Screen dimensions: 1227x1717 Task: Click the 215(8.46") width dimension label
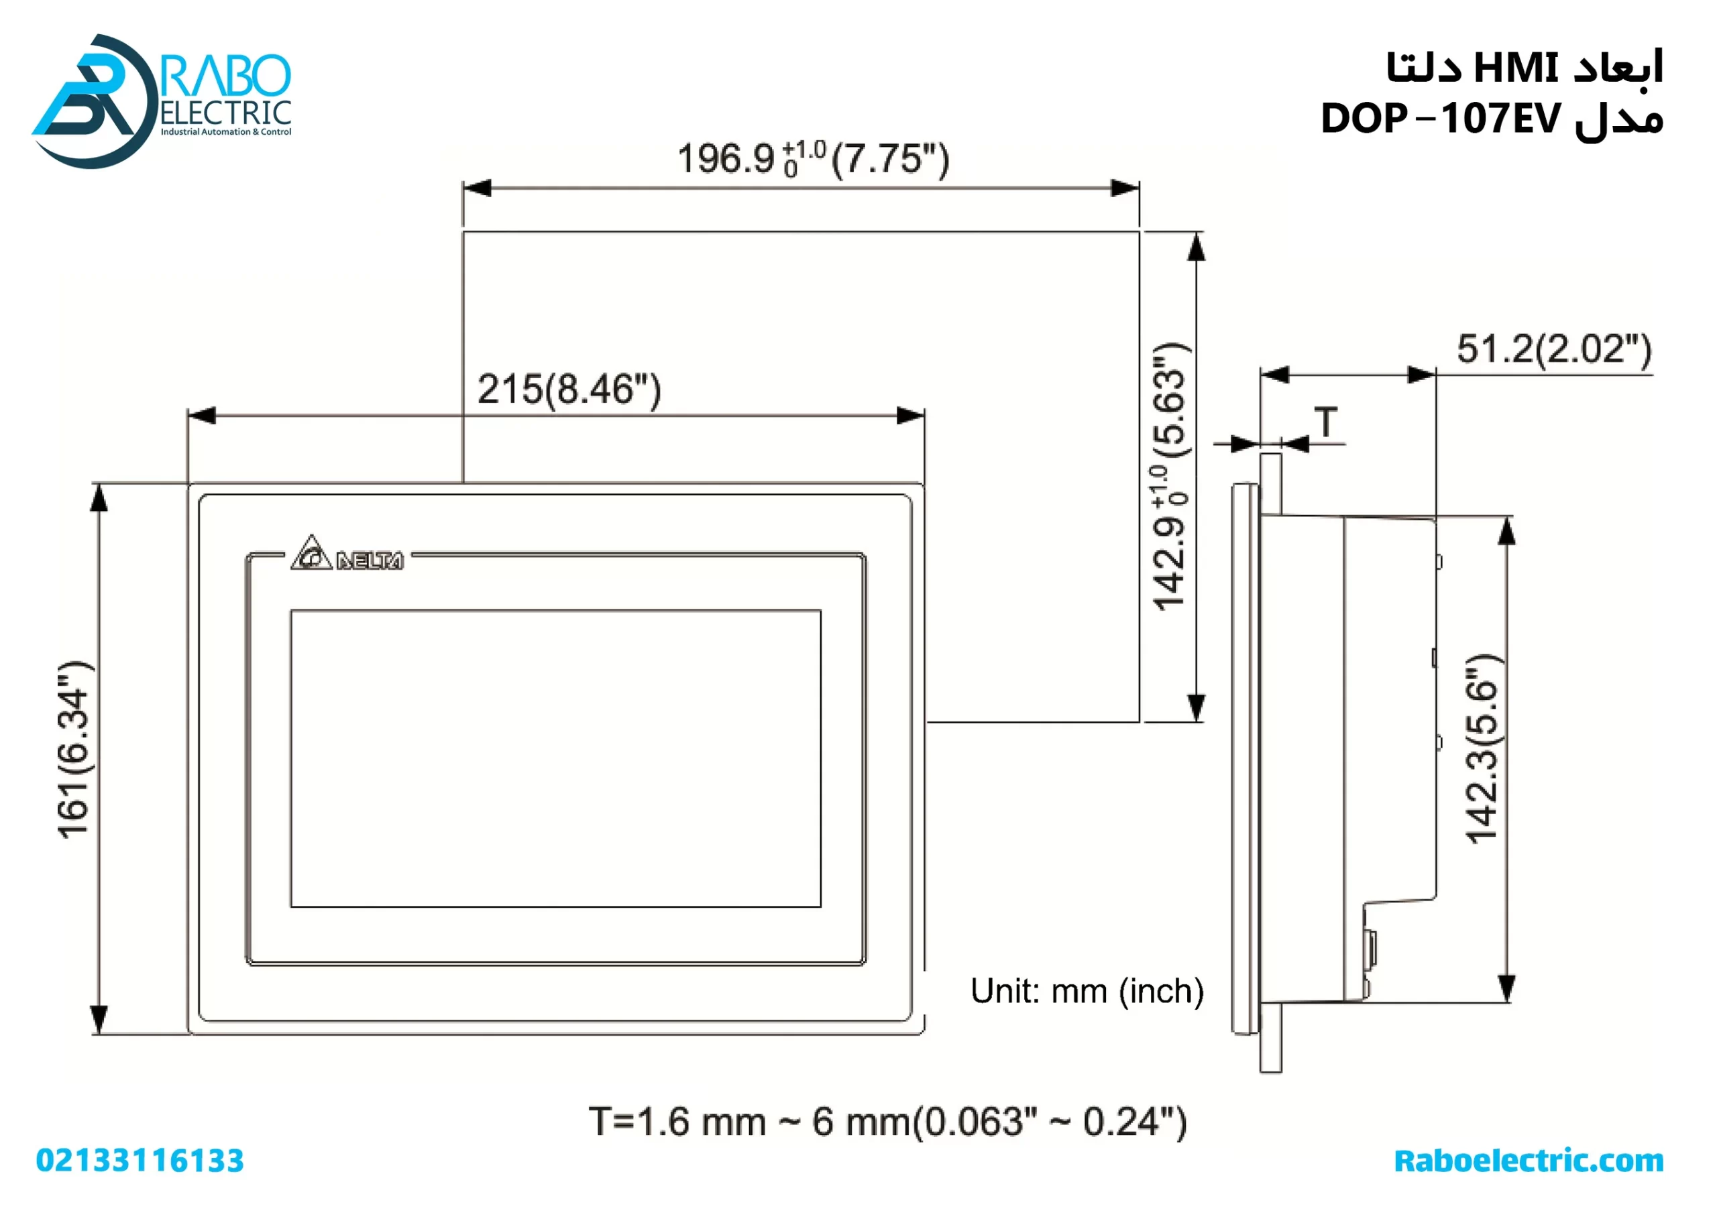[568, 390]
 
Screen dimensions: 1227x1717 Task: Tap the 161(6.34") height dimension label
[74, 749]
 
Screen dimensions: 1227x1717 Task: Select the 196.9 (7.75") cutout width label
[813, 159]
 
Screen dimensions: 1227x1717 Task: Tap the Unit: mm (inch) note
[1087, 991]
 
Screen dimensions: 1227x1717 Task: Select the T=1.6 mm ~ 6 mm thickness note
[887, 1122]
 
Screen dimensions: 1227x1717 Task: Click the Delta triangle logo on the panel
[311, 554]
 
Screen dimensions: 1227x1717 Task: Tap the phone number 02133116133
[140, 1161]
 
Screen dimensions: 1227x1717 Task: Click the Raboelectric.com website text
[1528, 1161]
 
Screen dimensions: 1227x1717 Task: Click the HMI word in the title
[1514, 68]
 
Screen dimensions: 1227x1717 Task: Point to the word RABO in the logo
[227, 75]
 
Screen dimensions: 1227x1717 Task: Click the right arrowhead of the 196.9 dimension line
[1125, 188]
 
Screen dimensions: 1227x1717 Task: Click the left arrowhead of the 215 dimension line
[203, 416]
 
